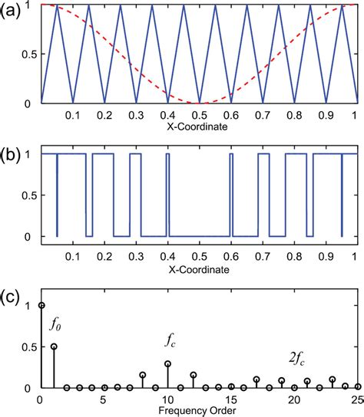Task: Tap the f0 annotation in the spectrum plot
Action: coord(55,325)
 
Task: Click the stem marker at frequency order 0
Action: coord(41,305)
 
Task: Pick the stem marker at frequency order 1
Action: coord(54,346)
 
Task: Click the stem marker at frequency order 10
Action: coord(167,363)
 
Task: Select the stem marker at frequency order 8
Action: coord(142,375)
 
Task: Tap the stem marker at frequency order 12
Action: coord(193,375)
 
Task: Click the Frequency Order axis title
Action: coord(199,410)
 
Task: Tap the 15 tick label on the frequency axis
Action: coord(230,399)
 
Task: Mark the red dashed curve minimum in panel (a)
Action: coord(199,103)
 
